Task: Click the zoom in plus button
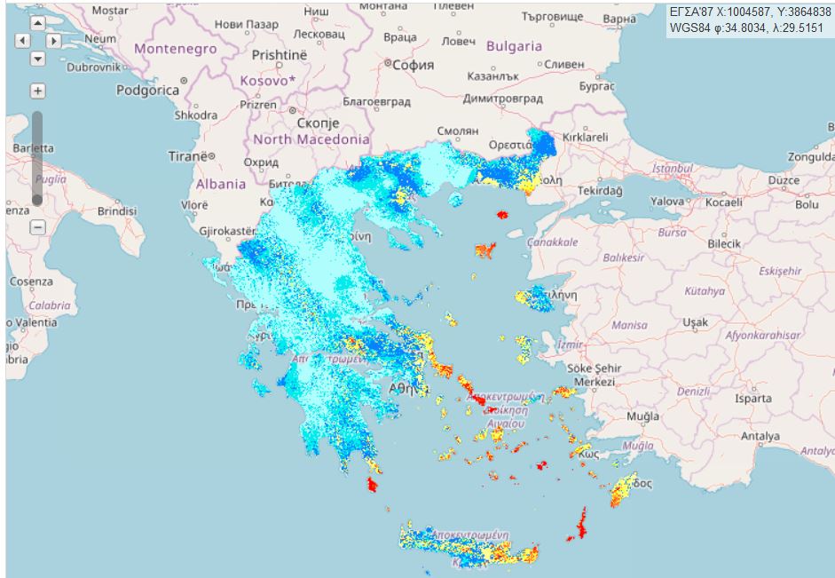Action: [x=37, y=91]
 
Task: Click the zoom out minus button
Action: [x=37, y=227]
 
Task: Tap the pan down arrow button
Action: [x=37, y=59]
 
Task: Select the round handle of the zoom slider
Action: [x=37, y=200]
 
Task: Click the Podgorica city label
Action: [x=146, y=90]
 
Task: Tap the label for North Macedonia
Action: [x=311, y=139]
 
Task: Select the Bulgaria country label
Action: [x=515, y=46]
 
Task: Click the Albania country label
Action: [x=220, y=184]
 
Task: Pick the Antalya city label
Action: [x=760, y=436]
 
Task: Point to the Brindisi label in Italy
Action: [x=117, y=211]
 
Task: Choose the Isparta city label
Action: [x=754, y=399]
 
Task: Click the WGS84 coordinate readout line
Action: [x=750, y=28]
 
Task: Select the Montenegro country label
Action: [x=175, y=49]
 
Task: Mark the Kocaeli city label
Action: [x=723, y=202]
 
